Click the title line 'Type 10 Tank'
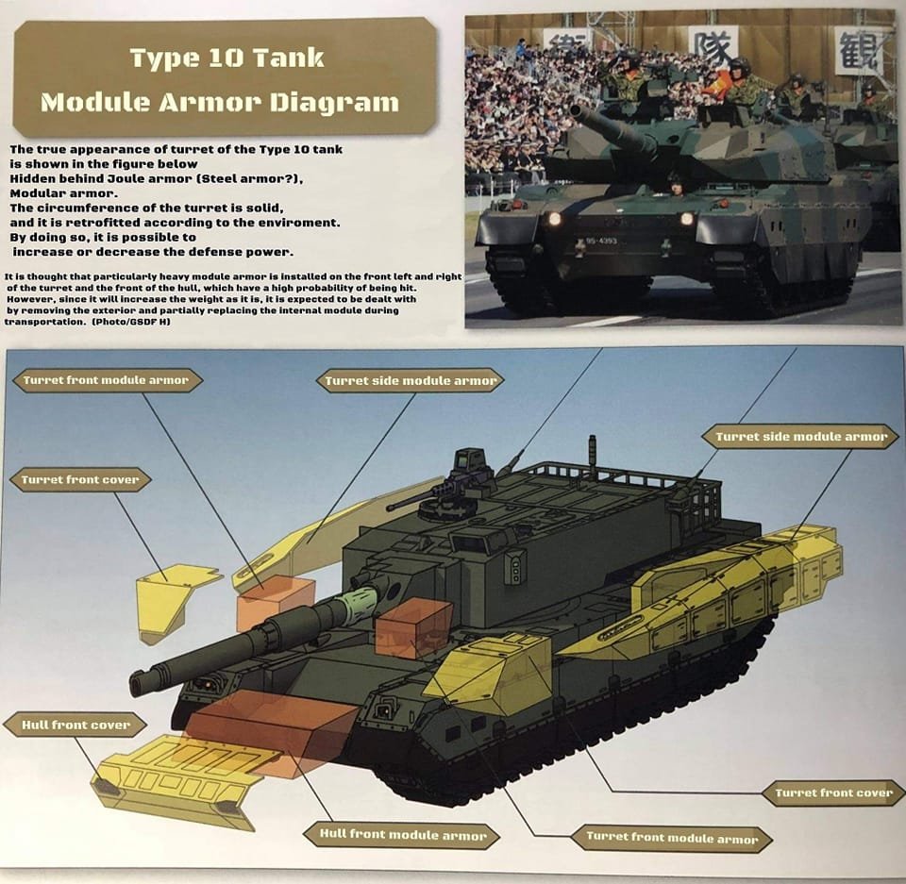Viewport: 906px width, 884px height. [226, 58]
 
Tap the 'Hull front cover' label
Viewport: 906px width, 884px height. [76, 725]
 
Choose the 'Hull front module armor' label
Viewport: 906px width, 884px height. [403, 834]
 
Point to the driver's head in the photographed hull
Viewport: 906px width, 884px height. [676, 181]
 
